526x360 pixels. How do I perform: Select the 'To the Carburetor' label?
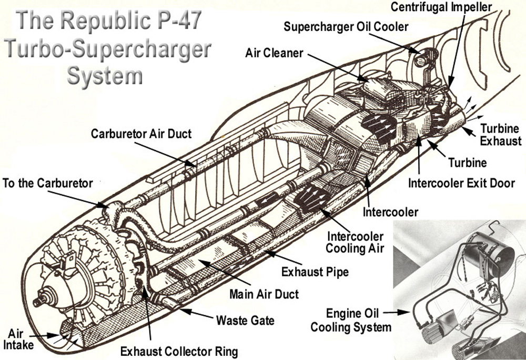(x=48, y=183)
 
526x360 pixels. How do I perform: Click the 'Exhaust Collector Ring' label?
(x=179, y=351)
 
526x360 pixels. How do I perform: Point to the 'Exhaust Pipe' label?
(x=315, y=272)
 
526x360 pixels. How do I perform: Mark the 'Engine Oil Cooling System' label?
(x=351, y=320)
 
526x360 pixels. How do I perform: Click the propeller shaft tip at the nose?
(x=35, y=302)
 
